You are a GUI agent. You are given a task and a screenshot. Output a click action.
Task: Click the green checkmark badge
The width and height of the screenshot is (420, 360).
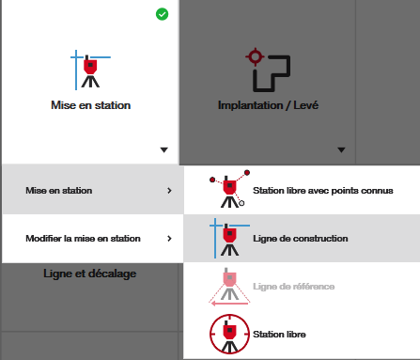[162, 14]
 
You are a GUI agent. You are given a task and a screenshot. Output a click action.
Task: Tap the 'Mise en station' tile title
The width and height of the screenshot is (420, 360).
[91, 105]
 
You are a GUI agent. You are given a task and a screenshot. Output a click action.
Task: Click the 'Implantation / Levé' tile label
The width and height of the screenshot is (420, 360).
[268, 105]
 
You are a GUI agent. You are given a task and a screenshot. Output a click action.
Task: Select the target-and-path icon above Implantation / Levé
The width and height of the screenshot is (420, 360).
[268, 70]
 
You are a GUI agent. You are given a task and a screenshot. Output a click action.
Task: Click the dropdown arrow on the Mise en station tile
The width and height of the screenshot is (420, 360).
[163, 150]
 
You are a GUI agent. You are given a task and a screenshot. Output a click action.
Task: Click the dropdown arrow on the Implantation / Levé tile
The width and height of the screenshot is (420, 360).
[341, 150]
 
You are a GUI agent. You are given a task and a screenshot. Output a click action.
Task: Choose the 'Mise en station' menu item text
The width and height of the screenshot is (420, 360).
[59, 191]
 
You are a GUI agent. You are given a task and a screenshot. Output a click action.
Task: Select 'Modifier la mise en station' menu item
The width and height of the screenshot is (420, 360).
[83, 239]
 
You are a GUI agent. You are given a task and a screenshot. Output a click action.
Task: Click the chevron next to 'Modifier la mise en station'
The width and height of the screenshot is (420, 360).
[169, 239]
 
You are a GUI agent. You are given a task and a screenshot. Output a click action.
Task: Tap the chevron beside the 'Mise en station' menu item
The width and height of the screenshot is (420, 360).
[169, 191]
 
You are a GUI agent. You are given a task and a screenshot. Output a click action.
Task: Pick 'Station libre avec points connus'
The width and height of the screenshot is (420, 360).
[323, 191]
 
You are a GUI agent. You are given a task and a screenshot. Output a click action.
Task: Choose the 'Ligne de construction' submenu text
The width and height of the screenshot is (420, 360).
[301, 239]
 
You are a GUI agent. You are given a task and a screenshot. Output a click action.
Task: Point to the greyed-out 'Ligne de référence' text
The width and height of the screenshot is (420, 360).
[294, 287]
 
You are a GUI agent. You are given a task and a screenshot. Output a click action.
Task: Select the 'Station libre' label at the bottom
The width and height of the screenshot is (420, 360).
[279, 335]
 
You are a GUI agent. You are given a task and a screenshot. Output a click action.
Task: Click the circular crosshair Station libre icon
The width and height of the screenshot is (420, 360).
[229, 334]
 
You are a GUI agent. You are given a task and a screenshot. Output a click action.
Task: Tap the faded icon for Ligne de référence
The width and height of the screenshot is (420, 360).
[229, 287]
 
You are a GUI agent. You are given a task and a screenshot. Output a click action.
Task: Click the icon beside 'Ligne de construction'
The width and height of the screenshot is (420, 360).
[229, 239]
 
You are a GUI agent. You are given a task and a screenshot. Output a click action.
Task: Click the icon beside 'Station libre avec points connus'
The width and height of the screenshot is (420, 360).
[229, 189]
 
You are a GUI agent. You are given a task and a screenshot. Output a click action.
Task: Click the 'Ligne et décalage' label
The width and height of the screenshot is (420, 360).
[90, 274]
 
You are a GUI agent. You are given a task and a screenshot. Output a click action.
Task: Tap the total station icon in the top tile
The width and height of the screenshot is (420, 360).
[90, 70]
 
